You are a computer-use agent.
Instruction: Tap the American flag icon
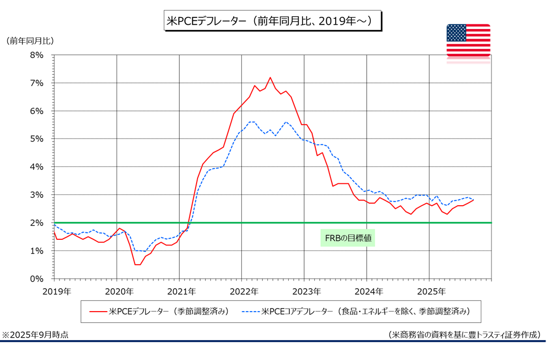click(x=468, y=40)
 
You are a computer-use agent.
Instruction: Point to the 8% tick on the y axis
click(x=38, y=55)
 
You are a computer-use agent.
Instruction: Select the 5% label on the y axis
click(x=38, y=139)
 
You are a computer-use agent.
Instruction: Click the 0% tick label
click(x=38, y=279)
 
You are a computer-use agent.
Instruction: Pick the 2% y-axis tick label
click(x=38, y=223)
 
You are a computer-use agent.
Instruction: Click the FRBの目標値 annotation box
click(x=347, y=238)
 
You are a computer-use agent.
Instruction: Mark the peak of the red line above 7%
click(x=270, y=77)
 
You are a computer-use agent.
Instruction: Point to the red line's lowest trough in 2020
click(x=137, y=264)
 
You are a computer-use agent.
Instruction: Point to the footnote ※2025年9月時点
click(x=36, y=335)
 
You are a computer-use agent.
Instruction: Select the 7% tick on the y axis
click(x=38, y=83)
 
